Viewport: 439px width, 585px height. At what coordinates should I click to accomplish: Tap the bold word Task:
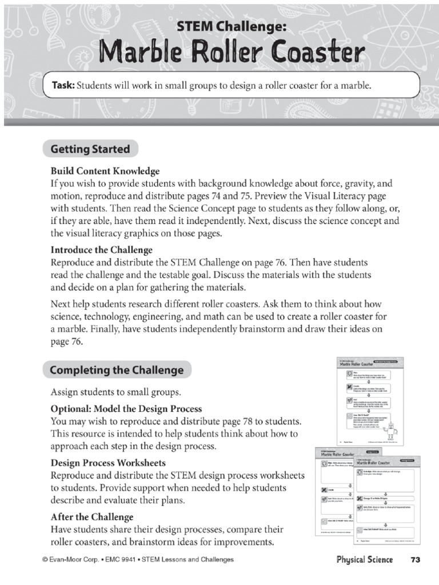63,86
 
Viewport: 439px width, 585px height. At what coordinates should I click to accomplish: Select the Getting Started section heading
90,150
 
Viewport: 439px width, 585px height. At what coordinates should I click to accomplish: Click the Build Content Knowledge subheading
105,171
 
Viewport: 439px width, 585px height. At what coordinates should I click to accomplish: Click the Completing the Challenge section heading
117,370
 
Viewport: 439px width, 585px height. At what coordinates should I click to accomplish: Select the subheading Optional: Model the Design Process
126,409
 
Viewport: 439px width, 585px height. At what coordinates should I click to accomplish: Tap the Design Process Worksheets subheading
108,463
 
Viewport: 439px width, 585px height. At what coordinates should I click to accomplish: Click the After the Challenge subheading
92,516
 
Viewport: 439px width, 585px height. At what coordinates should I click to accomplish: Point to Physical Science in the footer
364,559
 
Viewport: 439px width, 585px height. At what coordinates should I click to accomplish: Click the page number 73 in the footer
415,559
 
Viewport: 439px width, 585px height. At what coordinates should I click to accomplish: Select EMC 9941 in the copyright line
118,560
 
